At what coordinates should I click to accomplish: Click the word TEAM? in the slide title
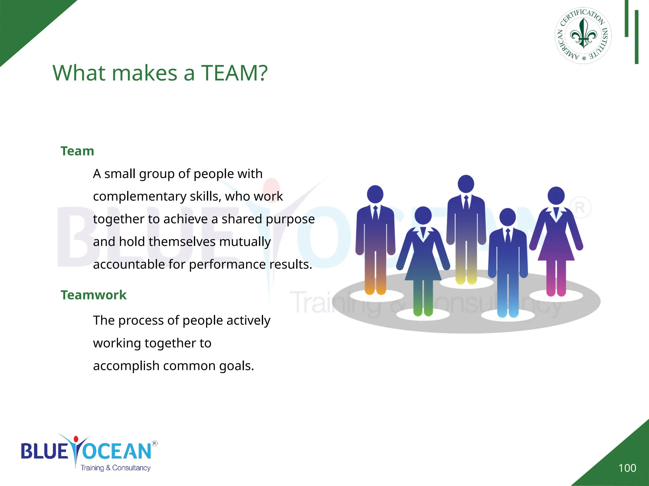pyautogui.click(x=234, y=73)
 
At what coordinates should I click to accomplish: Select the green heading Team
pyautogui.click(x=77, y=151)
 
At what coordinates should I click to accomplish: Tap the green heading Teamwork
pyautogui.click(x=93, y=295)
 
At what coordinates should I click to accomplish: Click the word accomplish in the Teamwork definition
pyautogui.click(x=126, y=366)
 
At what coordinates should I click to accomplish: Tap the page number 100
pyautogui.click(x=627, y=468)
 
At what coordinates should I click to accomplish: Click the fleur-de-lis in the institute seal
pyautogui.click(x=583, y=34)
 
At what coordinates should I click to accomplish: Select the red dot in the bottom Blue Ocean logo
pyautogui.click(x=76, y=439)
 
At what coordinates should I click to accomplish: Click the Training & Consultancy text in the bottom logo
pyautogui.click(x=115, y=468)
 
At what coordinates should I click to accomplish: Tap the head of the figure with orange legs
pyautogui.click(x=375, y=194)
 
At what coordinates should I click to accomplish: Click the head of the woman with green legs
pyautogui.click(x=423, y=215)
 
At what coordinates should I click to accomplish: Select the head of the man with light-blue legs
pyautogui.click(x=508, y=217)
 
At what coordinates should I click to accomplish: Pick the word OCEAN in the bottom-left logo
pyautogui.click(x=117, y=451)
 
